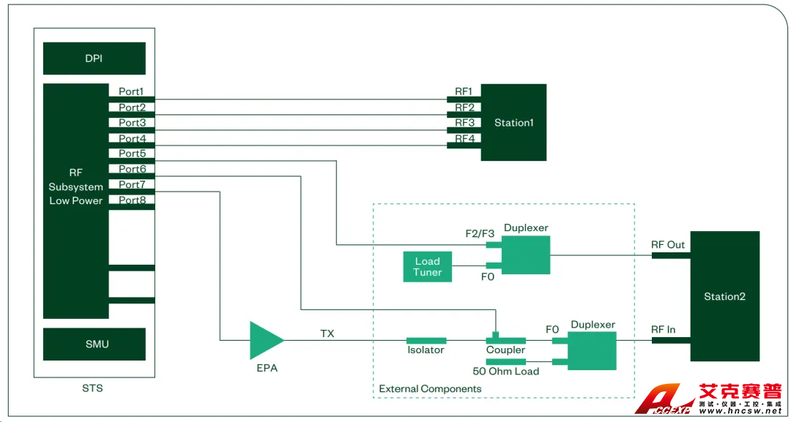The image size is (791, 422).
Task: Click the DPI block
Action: (94, 59)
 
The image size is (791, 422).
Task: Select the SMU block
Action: (94, 344)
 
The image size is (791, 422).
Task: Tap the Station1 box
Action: (513, 123)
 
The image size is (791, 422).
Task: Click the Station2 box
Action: (724, 296)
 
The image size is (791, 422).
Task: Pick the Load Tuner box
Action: (427, 267)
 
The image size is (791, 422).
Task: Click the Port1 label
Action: (132, 92)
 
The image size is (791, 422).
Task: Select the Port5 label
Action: (132, 154)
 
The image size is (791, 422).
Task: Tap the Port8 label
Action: (132, 200)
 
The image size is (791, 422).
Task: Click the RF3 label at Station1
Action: (464, 123)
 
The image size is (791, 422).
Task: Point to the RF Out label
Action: (667, 245)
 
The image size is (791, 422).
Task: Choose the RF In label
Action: (663, 330)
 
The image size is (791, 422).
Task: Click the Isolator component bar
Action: (426, 340)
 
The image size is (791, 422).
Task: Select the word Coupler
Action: (505, 350)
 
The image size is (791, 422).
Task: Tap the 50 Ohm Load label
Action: (505, 372)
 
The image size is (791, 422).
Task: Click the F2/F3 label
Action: (480, 234)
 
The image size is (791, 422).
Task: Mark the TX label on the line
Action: (327, 333)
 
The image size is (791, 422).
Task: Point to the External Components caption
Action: (430, 389)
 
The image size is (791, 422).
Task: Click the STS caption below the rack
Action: (92, 388)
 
